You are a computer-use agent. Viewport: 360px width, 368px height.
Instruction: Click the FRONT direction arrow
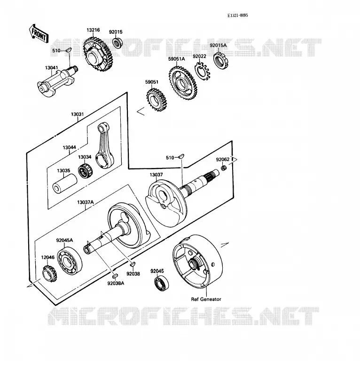click(39, 33)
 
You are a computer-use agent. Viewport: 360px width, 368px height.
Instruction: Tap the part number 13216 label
click(93, 30)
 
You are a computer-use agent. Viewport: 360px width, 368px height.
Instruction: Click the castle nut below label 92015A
click(221, 60)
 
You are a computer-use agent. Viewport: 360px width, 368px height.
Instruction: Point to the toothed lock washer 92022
click(202, 71)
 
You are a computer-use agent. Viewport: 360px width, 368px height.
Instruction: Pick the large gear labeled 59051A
click(182, 83)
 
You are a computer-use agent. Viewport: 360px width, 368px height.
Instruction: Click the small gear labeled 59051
click(157, 99)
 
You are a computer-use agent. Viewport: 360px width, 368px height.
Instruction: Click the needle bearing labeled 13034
click(85, 170)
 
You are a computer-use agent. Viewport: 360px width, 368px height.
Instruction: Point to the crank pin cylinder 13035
click(65, 184)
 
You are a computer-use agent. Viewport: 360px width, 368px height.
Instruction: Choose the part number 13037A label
click(86, 202)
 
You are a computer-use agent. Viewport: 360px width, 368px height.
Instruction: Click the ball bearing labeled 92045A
click(70, 261)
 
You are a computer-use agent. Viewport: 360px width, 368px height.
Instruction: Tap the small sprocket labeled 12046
click(49, 274)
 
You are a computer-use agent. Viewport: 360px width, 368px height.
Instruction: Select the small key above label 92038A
click(115, 276)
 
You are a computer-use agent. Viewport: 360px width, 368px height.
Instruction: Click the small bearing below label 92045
click(162, 284)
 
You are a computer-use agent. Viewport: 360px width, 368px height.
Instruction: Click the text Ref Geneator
click(206, 299)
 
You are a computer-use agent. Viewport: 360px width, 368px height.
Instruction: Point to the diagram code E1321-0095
click(237, 16)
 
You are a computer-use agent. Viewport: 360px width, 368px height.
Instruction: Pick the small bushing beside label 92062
click(224, 168)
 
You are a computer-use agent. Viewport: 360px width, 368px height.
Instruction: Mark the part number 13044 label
click(70, 148)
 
